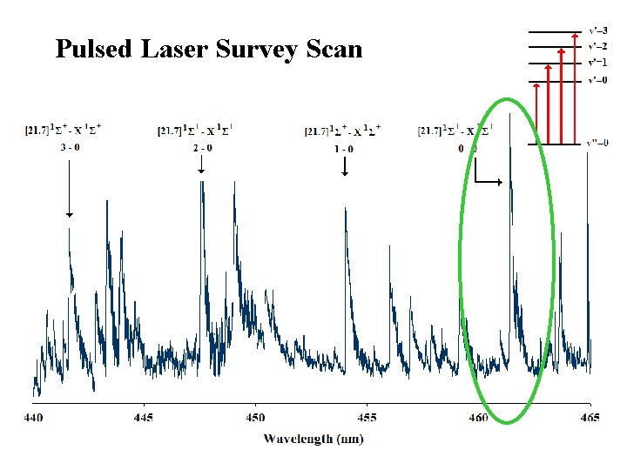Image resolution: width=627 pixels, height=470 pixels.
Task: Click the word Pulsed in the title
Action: pyautogui.click(x=92, y=49)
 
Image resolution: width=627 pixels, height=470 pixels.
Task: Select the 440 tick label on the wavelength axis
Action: pyautogui.click(x=32, y=419)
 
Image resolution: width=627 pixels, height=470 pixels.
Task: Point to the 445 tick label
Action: pyautogui.click(x=144, y=419)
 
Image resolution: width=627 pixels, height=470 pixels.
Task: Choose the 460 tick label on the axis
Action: pyautogui.click(x=478, y=419)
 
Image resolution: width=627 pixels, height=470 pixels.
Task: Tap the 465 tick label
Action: pyautogui.click(x=590, y=419)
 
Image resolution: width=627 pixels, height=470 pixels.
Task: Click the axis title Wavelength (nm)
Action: pyautogui.click(x=313, y=439)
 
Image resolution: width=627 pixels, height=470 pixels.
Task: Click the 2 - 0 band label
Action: pyautogui.click(x=202, y=148)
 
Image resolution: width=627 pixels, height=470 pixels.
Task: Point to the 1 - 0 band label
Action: pyautogui.click(x=345, y=149)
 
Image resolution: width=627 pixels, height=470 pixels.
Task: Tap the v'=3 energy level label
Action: pyautogui.click(x=599, y=30)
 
